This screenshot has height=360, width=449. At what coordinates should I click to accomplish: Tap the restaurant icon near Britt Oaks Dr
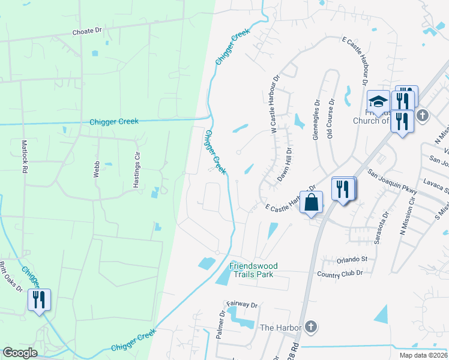(x=39, y=299)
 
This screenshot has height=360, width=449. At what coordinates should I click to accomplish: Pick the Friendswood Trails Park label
(x=251, y=270)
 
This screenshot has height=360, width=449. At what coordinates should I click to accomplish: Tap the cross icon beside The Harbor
(x=310, y=327)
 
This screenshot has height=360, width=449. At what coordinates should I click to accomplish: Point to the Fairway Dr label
(x=242, y=305)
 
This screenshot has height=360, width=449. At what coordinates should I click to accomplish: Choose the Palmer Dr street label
(x=221, y=323)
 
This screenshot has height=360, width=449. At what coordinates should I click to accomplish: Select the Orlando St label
(x=351, y=259)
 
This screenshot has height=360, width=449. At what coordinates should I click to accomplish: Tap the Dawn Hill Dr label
(x=284, y=165)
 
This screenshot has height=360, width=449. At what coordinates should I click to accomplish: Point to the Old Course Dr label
(x=330, y=124)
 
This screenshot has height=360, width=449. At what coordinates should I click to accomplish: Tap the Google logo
(x=20, y=353)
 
